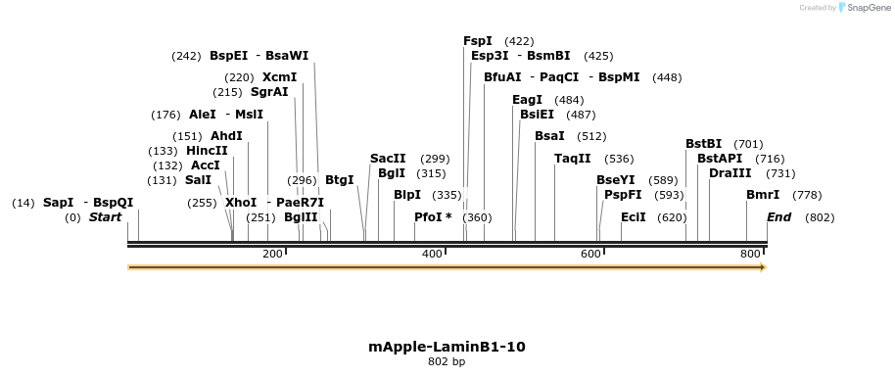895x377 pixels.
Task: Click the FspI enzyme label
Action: pyautogui.click(x=478, y=41)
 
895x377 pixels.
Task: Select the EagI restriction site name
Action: pyautogui.click(x=527, y=100)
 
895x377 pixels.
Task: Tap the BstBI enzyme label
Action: pyautogui.click(x=703, y=144)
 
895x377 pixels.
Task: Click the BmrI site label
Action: pyautogui.click(x=763, y=195)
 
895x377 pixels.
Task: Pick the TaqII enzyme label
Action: pyautogui.click(x=573, y=159)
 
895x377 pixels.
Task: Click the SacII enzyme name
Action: pyautogui.click(x=388, y=159)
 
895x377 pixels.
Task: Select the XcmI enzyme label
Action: pyautogui.click(x=279, y=77)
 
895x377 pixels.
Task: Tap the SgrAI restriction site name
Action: pyautogui.click(x=269, y=92)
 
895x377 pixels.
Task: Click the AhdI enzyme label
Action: pyautogui.click(x=226, y=136)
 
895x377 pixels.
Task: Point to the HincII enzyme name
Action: pyautogui.click(x=207, y=151)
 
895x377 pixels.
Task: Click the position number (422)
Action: pyautogui.click(x=519, y=41)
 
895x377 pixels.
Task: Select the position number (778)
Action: pyautogui.click(x=807, y=195)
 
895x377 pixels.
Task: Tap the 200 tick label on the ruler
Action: pyautogui.click(x=272, y=254)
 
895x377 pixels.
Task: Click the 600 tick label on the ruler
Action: pyautogui.click(x=590, y=254)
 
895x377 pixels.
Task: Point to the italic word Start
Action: pyautogui.click(x=105, y=217)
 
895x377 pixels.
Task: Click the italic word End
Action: pyautogui.click(x=778, y=217)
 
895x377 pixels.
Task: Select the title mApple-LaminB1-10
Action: pyautogui.click(x=447, y=347)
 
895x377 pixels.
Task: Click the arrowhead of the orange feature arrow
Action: pyautogui.click(x=762, y=266)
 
